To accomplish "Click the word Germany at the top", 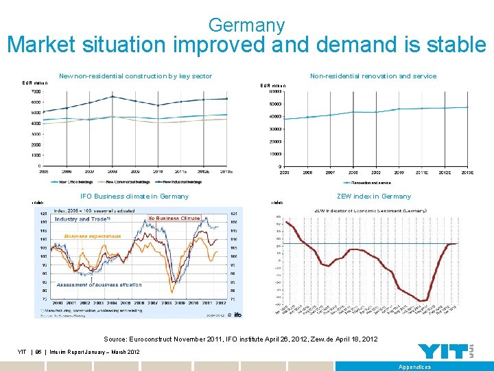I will click(246, 25).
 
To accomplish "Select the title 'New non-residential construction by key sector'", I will click(135, 76).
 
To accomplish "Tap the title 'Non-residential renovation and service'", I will click(373, 76).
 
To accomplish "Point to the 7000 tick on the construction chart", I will click(35, 91).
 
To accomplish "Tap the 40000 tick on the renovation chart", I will click(275, 116).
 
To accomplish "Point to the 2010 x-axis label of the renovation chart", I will click(398, 172).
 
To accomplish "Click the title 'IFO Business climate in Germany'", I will click(134, 196).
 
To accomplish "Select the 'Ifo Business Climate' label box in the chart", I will click(174, 218).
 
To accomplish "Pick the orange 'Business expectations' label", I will click(93, 236).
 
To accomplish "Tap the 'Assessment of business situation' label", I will click(99, 284).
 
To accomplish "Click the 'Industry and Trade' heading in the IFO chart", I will click(83, 219).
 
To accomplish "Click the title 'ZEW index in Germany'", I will click(374, 196).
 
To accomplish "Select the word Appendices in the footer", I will click(414, 367).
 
